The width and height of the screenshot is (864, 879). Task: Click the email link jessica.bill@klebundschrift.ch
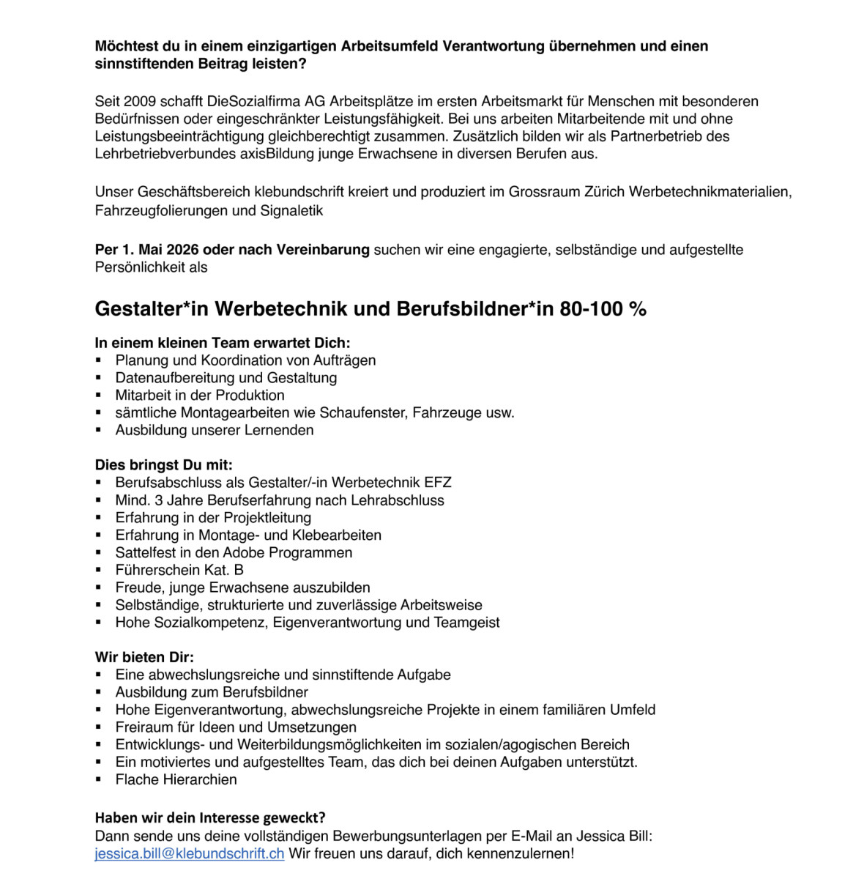click(189, 853)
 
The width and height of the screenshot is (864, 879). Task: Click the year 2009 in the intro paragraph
click(140, 101)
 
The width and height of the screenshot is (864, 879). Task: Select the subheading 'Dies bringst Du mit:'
click(163, 465)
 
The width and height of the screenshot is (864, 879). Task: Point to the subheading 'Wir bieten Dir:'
click(144, 657)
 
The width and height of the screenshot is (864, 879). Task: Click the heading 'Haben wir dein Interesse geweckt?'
click(210, 817)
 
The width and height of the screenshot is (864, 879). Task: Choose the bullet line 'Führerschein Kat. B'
click(179, 570)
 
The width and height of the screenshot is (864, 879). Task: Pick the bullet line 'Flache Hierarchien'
click(176, 779)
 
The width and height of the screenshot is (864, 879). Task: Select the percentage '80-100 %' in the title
click(603, 309)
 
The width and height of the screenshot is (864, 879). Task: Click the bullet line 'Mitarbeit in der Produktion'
click(200, 396)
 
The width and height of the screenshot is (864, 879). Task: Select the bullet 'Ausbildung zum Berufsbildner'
click(212, 692)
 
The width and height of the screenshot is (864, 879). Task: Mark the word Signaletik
click(291, 211)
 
